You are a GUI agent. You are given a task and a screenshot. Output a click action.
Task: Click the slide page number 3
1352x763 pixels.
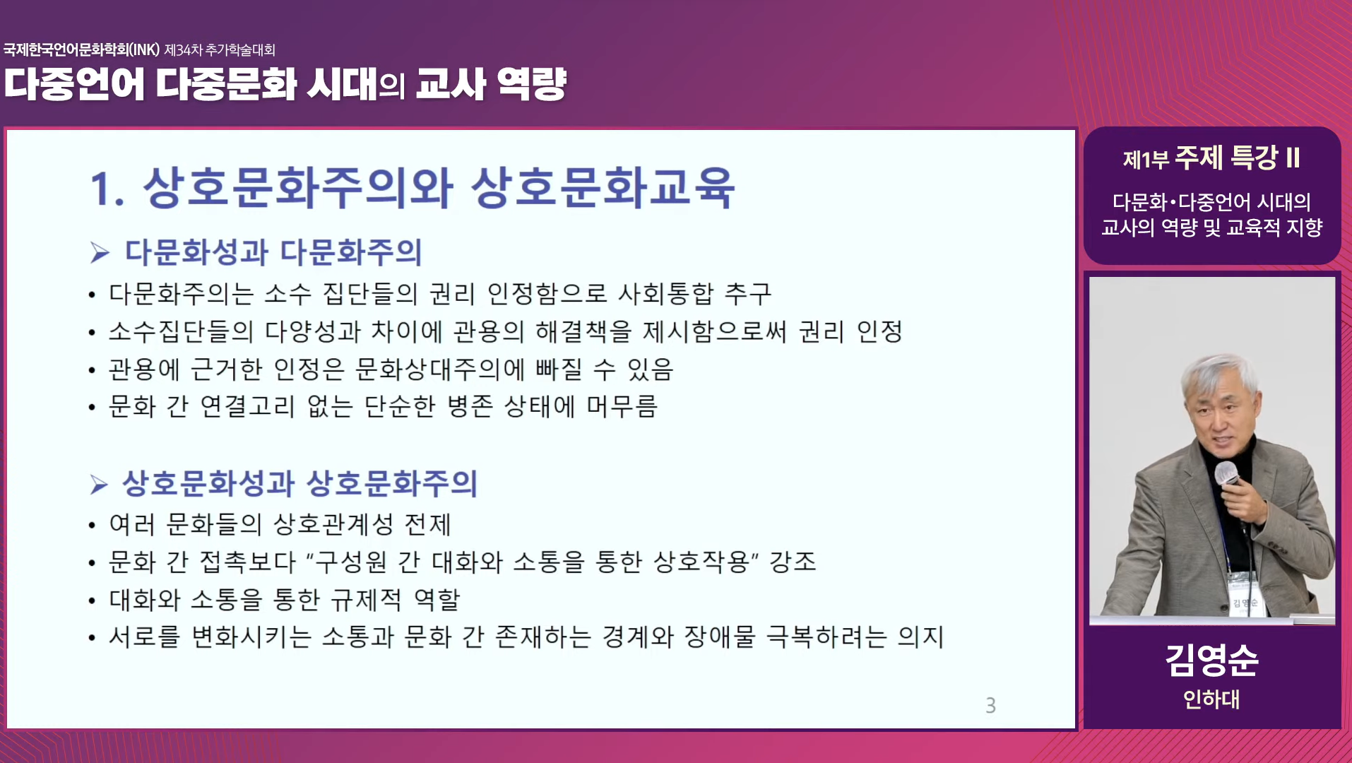[990, 705]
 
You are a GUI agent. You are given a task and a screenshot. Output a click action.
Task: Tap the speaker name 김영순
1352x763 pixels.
[1211, 660]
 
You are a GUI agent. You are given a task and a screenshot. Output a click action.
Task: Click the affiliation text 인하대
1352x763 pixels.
[1211, 699]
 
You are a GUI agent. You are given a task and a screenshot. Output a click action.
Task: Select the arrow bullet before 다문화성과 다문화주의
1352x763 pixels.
[100, 252]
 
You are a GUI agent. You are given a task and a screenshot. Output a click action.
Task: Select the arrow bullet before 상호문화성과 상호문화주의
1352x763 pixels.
[99, 484]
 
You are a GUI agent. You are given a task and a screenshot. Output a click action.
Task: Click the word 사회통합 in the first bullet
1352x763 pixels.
[665, 293]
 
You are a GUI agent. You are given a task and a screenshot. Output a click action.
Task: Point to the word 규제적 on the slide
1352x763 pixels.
[367, 600]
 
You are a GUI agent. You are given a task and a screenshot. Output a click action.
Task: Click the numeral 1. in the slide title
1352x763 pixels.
[107, 189]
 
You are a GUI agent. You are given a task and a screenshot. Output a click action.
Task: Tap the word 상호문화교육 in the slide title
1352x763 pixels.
[603, 188]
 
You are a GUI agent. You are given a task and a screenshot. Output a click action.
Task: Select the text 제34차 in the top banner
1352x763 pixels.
[183, 50]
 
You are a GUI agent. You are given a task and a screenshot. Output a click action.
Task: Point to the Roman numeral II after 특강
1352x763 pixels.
[1293, 158]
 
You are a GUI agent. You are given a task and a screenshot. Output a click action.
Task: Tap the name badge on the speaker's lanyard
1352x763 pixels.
[1245, 603]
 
